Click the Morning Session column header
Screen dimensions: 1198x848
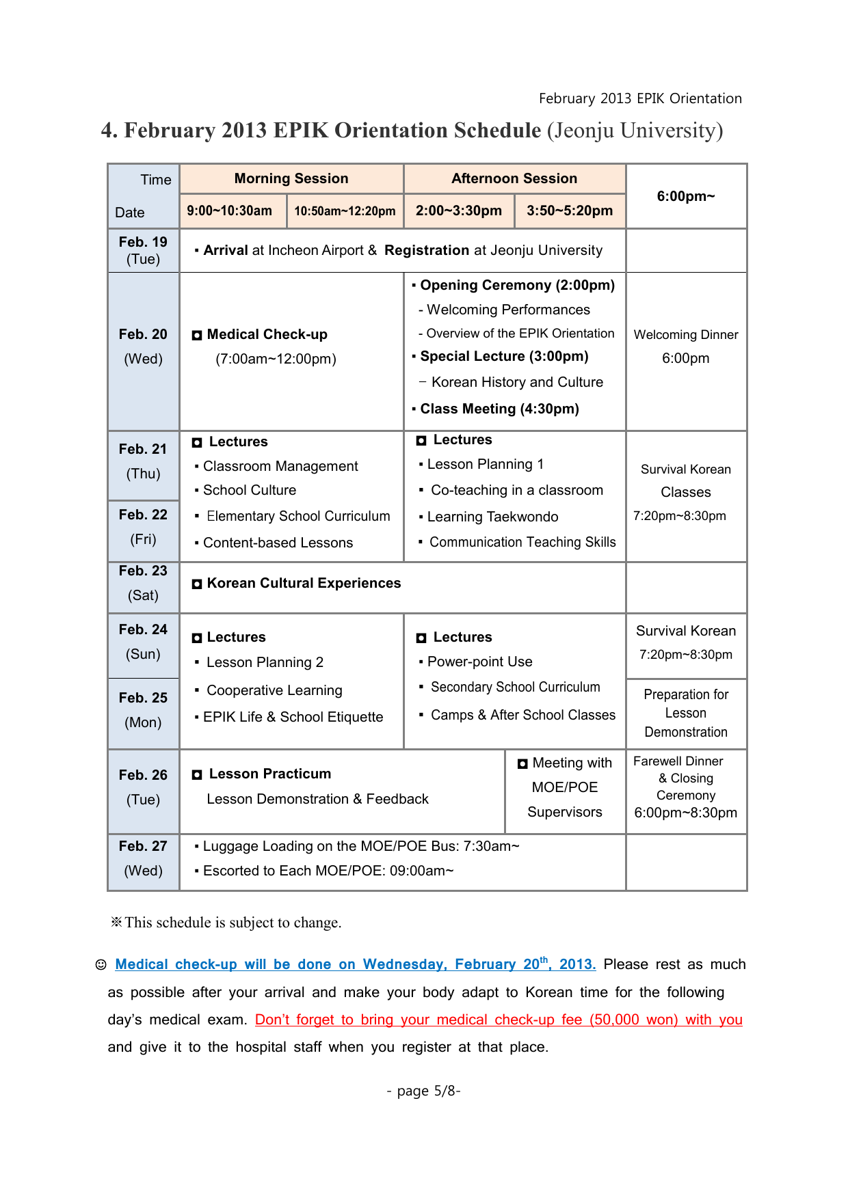tap(291, 179)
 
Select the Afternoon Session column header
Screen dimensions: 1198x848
tap(514, 179)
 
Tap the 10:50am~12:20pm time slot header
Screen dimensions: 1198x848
tap(345, 211)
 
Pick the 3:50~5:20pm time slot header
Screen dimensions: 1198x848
tap(570, 211)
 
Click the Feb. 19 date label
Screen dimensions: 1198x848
tap(143, 243)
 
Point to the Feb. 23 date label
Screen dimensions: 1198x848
tap(143, 571)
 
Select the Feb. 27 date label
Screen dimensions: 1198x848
tap(143, 847)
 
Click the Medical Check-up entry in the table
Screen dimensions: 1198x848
tap(267, 335)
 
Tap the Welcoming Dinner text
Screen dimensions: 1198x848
tap(686, 335)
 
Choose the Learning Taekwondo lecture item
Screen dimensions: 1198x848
tap(492, 517)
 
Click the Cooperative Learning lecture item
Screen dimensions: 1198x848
tap(274, 691)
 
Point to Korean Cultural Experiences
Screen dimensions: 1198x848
tap(304, 584)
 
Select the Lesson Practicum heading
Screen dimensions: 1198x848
tap(269, 774)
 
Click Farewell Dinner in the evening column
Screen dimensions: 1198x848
tap(678, 761)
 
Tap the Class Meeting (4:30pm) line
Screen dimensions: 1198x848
tap(499, 409)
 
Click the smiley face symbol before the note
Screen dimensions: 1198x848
tap(101, 965)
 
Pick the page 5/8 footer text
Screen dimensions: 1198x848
tap(423, 1091)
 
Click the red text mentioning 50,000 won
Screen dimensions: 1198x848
tap(499, 1020)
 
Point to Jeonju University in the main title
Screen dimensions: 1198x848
tap(635, 131)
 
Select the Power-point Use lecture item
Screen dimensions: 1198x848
tap(479, 662)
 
